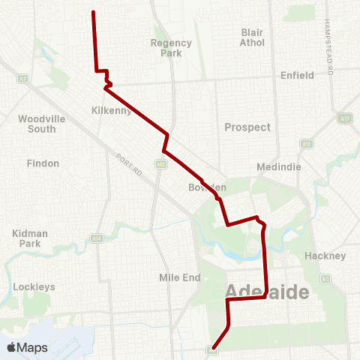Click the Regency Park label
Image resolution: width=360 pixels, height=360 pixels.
tap(171, 48)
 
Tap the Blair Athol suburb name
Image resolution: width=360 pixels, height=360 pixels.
tap(253, 37)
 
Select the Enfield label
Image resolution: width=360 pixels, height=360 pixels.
tap(296, 76)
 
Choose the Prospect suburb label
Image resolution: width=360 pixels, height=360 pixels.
tap(247, 127)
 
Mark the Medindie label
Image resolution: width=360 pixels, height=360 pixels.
tap(277, 166)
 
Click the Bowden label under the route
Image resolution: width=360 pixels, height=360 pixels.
tap(207, 187)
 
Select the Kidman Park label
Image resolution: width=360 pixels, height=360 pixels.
tap(31, 238)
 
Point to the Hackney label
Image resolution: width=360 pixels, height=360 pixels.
tap(325, 256)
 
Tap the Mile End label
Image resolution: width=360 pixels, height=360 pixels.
tap(180, 277)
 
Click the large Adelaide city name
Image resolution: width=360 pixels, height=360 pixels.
tap(267, 292)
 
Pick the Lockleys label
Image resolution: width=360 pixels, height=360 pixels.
tap(34, 286)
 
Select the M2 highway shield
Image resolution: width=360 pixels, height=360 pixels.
tap(161, 163)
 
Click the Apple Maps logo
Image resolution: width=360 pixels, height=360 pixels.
tap(26, 348)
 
